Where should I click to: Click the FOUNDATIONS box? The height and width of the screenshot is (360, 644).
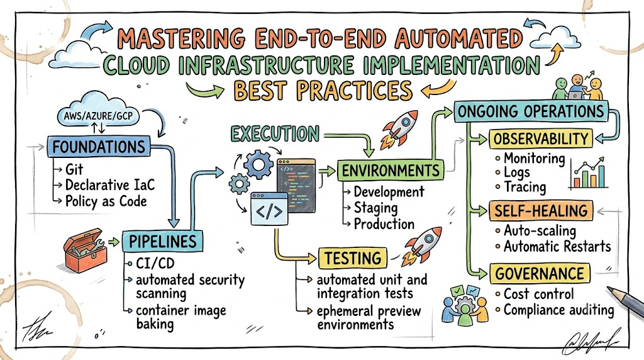click(x=99, y=147)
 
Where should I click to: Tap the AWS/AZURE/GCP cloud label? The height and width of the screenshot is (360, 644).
click(x=98, y=115)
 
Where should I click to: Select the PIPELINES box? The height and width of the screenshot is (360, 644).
click(x=163, y=241)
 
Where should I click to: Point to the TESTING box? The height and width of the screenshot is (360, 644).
click(x=353, y=258)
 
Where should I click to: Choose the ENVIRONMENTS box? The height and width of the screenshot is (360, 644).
click(x=390, y=170)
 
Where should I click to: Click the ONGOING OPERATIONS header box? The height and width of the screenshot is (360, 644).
click(x=531, y=111)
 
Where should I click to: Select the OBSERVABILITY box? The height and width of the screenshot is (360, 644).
click(x=541, y=139)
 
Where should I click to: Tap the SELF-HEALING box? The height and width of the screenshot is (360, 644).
click(x=541, y=211)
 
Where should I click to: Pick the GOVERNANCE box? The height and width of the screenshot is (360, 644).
click(x=539, y=274)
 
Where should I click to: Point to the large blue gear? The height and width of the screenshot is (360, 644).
click(x=258, y=164)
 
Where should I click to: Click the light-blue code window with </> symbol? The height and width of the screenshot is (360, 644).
click(x=269, y=209)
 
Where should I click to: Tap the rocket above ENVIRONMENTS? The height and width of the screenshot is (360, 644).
click(x=398, y=128)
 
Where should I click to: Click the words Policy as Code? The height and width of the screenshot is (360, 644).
click(x=106, y=201)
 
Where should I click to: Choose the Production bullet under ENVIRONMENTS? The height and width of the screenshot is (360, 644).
click(x=384, y=224)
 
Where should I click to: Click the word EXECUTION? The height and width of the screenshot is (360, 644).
click(x=275, y=134)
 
